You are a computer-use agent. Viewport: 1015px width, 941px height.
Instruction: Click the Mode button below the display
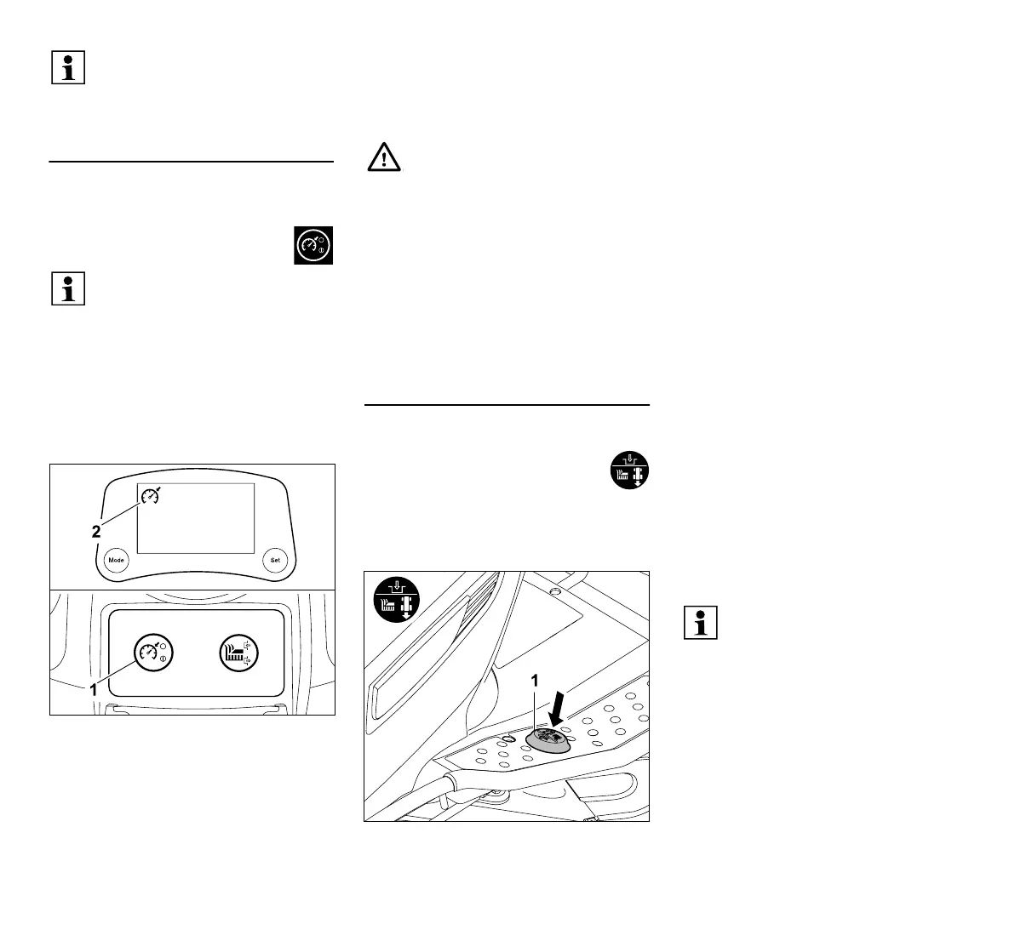point(117,560)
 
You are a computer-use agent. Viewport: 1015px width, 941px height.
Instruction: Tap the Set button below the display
point(275,560)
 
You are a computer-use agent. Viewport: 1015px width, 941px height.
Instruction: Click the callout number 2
point(97,531)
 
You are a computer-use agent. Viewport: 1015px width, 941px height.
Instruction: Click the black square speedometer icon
point(313,246)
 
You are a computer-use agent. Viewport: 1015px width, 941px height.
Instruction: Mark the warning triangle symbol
point(383,159)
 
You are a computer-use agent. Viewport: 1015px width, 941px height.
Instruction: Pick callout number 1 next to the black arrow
point(535,680)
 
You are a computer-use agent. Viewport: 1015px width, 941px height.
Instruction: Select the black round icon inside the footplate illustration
point(397,598)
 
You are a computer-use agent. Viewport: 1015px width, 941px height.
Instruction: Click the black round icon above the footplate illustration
point(630,470)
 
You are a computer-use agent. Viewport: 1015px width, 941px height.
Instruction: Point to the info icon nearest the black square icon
point(68,289)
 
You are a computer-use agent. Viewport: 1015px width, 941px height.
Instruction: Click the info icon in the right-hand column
point(701,624)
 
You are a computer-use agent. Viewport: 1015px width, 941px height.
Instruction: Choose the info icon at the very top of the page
point(68,67)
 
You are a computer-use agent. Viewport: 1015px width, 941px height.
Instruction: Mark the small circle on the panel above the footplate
point(554,591)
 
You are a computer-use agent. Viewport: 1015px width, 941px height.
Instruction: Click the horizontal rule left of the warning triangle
point(191,160)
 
